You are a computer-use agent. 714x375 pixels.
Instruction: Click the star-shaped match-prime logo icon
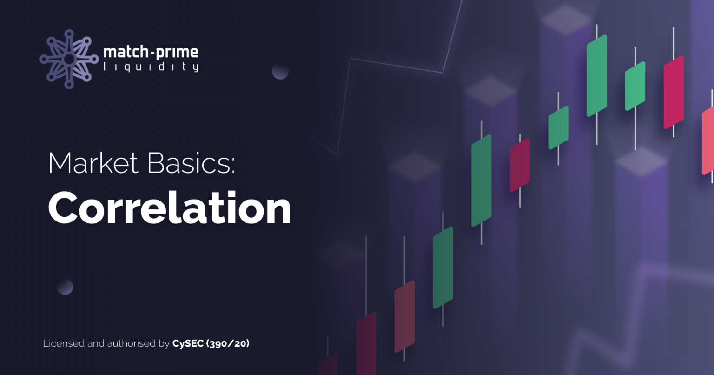coord(69,59)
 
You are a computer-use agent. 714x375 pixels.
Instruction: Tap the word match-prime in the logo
coord(151,52)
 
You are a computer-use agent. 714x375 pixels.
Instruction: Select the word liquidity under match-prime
coord(151,67)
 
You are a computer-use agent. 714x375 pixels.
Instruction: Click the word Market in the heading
coord(93,163)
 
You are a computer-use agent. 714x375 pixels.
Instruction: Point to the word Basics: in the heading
coord(191,163)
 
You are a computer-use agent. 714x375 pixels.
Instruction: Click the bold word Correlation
coord(169,208)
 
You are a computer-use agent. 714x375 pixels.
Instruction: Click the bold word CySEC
coord(188,343)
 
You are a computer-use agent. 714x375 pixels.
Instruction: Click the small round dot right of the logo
coord(280,71)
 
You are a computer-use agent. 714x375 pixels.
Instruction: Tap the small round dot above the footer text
coord(65,287)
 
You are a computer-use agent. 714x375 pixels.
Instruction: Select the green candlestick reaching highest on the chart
coord(597,75)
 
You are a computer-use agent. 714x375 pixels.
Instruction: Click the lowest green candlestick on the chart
coord(443,268)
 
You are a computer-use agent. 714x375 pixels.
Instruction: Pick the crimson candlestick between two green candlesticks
coord(520,165)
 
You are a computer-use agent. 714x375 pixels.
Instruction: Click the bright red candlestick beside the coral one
coord(674,92)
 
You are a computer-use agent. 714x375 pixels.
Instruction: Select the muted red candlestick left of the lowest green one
coord(404,316)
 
